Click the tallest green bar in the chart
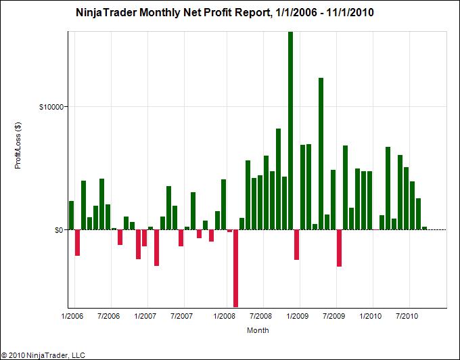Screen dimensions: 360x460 tap(290, 129)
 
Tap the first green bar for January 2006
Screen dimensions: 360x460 tap(71, 215)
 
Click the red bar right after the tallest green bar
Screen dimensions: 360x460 tap(296, 244)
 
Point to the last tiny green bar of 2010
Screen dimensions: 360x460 tap(424, 228)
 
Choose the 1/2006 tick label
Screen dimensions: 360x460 tap(72, 315)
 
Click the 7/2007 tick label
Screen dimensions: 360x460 tap(181, 315)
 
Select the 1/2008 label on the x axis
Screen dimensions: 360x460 tap(225, 315)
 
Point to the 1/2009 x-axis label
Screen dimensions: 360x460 tap(298, 315)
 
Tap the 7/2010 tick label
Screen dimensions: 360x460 tap(406, 315)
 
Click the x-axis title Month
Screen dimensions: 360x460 tap(258, 330)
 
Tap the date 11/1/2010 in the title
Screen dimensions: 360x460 tap(350, 13)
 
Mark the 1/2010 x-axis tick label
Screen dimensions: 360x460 tap(371, 315)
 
